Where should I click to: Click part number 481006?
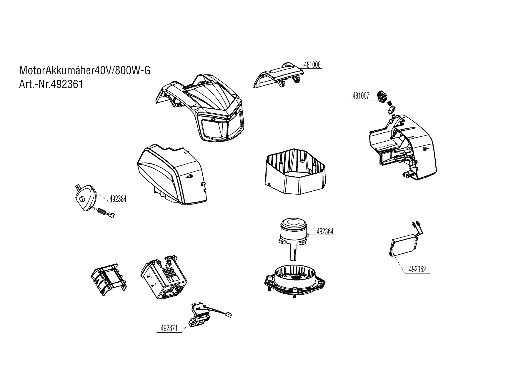coord(312,65)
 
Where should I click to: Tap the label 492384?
coord(118,199)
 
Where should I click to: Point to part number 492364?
coord(325,231)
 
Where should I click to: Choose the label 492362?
coord(417,269)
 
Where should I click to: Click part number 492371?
coord(169,328)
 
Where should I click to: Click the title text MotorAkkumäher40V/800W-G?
coord(85,71)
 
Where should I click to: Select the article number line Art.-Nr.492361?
coord(51,84)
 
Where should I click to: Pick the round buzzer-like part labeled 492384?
coord(86,198)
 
